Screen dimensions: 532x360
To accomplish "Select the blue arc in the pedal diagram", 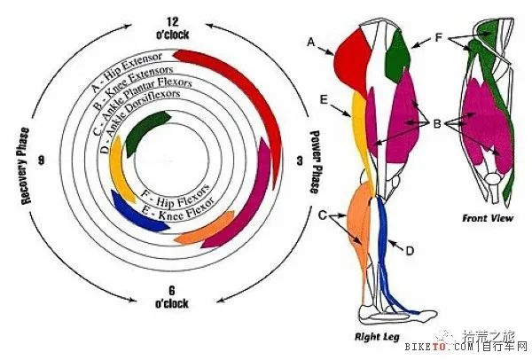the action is click(x=136, y=215).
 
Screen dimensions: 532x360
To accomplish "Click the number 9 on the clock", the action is click(x=42, y=160).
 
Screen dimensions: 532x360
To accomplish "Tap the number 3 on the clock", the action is click(x=300, y=160).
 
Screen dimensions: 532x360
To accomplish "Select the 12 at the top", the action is click(x=172, y=22).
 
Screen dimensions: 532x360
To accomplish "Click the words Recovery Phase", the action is click(x=25, y=166).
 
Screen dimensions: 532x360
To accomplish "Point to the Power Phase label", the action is click(x=315, y=161).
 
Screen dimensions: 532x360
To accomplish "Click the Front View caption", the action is click(x=488, y=218).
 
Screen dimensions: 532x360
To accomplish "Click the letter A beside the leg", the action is click(x=311, y=43).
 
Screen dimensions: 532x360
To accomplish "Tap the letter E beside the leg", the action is click(x=324, y=99).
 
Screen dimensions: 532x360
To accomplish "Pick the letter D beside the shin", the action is click(x=410, y=251).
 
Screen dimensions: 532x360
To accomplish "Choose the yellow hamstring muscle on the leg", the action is click(x=362, y=136).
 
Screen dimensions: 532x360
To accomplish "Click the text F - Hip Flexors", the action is click(x=175, y=196).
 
